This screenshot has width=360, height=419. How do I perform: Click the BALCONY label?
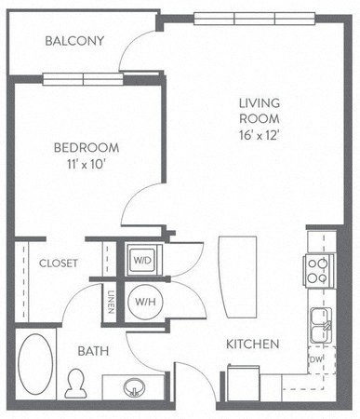click(x=74, y=41)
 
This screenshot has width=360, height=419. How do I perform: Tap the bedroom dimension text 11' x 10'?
click(x=85, y=164)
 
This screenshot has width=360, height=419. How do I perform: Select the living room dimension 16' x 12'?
click(x=260, y=135)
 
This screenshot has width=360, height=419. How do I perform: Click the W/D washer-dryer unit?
click(x=142, y=260)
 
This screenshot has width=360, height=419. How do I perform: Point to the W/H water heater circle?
click(x=145, y=302)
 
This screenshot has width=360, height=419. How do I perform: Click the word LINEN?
click(x=111, y=302)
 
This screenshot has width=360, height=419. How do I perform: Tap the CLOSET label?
click(x=58, y=264)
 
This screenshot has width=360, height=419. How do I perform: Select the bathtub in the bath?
click(x=35, y=364)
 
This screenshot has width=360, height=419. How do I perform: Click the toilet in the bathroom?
click(x=75, y=384)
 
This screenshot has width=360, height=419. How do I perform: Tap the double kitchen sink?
click(x=321, y=325)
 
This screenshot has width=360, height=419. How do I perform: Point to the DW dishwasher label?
click(x=316, y=359)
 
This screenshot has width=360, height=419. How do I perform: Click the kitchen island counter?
click(x=238, y=277)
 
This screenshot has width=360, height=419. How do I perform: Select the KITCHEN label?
click(x=253, y=345)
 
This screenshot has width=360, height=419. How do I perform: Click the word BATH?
click(x=93, y=351)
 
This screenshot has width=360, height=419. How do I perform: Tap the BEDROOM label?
click(x=87, y=148)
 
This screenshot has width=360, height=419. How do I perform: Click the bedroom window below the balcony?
click(x=83, y=79)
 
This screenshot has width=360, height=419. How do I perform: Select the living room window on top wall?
click(x=255, y=19)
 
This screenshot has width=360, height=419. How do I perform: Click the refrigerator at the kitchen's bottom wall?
click(x=244, y=384)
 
